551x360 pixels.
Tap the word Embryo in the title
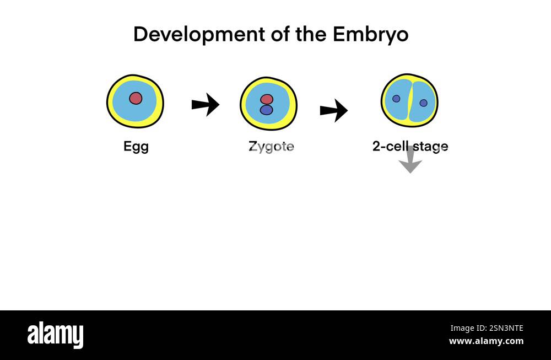(x=370, y=34)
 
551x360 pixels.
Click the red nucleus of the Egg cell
(x=136, y=98)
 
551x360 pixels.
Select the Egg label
(x=136, y=147)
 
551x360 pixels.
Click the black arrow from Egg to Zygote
(x=205, y=104)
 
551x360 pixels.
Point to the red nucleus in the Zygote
(x=267, y=99)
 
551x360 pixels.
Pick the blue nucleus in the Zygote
(x=267, y=110)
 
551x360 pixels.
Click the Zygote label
(x=271, y=147)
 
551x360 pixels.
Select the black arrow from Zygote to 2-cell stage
(x=333, y=110)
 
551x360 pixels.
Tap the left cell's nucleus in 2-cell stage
(x=396, y=99)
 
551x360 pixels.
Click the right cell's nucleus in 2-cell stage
(x=423, y=103)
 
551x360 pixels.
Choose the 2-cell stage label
(x=410, y=147)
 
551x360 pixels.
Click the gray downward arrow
(x=410, y=161)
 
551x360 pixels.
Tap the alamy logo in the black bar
(x=55, y=335)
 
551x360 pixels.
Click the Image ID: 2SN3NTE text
(x=487, y=328)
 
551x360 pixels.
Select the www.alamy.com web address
(x=486, y=341)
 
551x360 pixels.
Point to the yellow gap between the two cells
(x=409, y=101)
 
